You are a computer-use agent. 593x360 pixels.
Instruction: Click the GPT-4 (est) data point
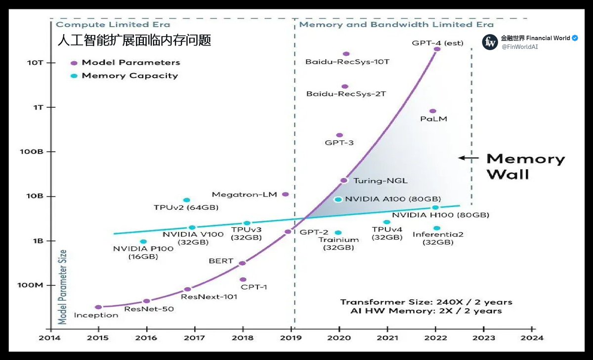[x=437, y=49]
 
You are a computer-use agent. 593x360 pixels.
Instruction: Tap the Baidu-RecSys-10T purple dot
[x=346, y=54]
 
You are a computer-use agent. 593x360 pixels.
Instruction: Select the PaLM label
[x=433, y=119]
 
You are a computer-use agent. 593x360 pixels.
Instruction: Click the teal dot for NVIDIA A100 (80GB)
[x=338, y=199]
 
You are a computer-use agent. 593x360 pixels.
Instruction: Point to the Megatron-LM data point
[x=285, y=195]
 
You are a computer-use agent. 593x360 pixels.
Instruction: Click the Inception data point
[x=98, y=307]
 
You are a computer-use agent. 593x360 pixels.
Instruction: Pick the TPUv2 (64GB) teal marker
[x=186, y=200]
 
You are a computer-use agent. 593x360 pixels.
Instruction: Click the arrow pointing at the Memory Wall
[x=468, y=159]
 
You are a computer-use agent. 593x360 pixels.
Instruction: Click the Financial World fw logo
[x=490, y=42]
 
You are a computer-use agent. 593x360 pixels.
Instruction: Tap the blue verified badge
[x=575, y=38]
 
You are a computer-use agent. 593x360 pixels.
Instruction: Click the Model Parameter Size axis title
[x=63, y=287]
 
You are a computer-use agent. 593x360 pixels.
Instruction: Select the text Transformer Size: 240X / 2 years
[x=426, y=302]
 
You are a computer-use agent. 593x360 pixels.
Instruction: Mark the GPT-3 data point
[x=339, y=135]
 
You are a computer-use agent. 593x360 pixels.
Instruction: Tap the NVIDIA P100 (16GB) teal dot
[x=143, y=241]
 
